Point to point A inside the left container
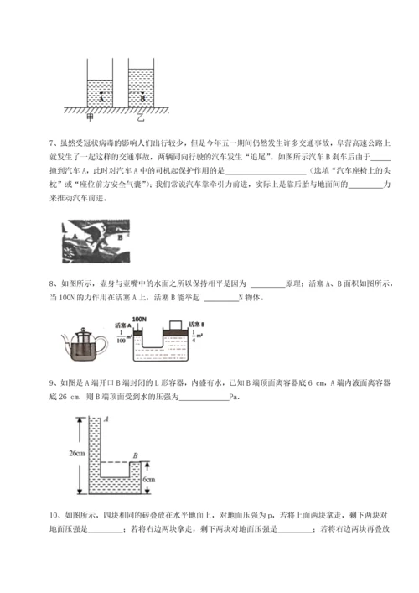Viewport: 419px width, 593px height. click(x=101, y=96)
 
